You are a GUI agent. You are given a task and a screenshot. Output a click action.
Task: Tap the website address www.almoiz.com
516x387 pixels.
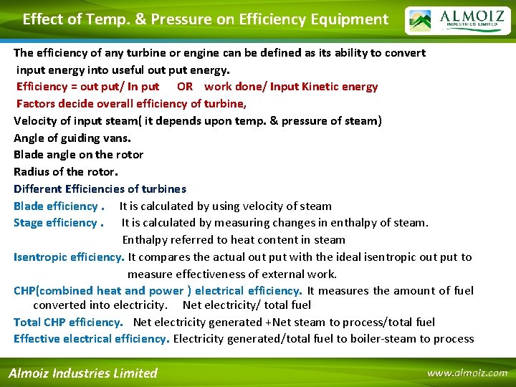(467, 373)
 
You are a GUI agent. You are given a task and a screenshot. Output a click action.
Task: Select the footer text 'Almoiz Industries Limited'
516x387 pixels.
(82, 373)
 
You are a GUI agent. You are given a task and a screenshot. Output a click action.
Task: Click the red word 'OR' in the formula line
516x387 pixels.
(185, 87)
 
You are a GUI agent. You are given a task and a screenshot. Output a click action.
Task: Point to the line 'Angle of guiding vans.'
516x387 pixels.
(72, 138)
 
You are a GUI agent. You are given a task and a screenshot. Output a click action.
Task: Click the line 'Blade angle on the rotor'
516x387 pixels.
(78, 155)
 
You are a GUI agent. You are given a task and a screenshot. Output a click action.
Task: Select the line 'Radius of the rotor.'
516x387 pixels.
(66, 172)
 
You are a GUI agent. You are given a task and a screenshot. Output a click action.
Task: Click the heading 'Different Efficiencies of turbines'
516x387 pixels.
(100, 189)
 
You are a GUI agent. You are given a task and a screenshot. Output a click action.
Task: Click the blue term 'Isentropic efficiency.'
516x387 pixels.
(69, 257)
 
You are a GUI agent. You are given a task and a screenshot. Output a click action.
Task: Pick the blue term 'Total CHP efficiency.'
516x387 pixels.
(68, 322)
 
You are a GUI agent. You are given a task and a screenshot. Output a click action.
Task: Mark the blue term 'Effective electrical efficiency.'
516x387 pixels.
(91, 339)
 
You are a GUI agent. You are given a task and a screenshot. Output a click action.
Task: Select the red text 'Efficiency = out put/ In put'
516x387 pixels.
(88, 87)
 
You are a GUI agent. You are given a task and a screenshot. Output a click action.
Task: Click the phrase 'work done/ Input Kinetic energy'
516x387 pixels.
(291, 87)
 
